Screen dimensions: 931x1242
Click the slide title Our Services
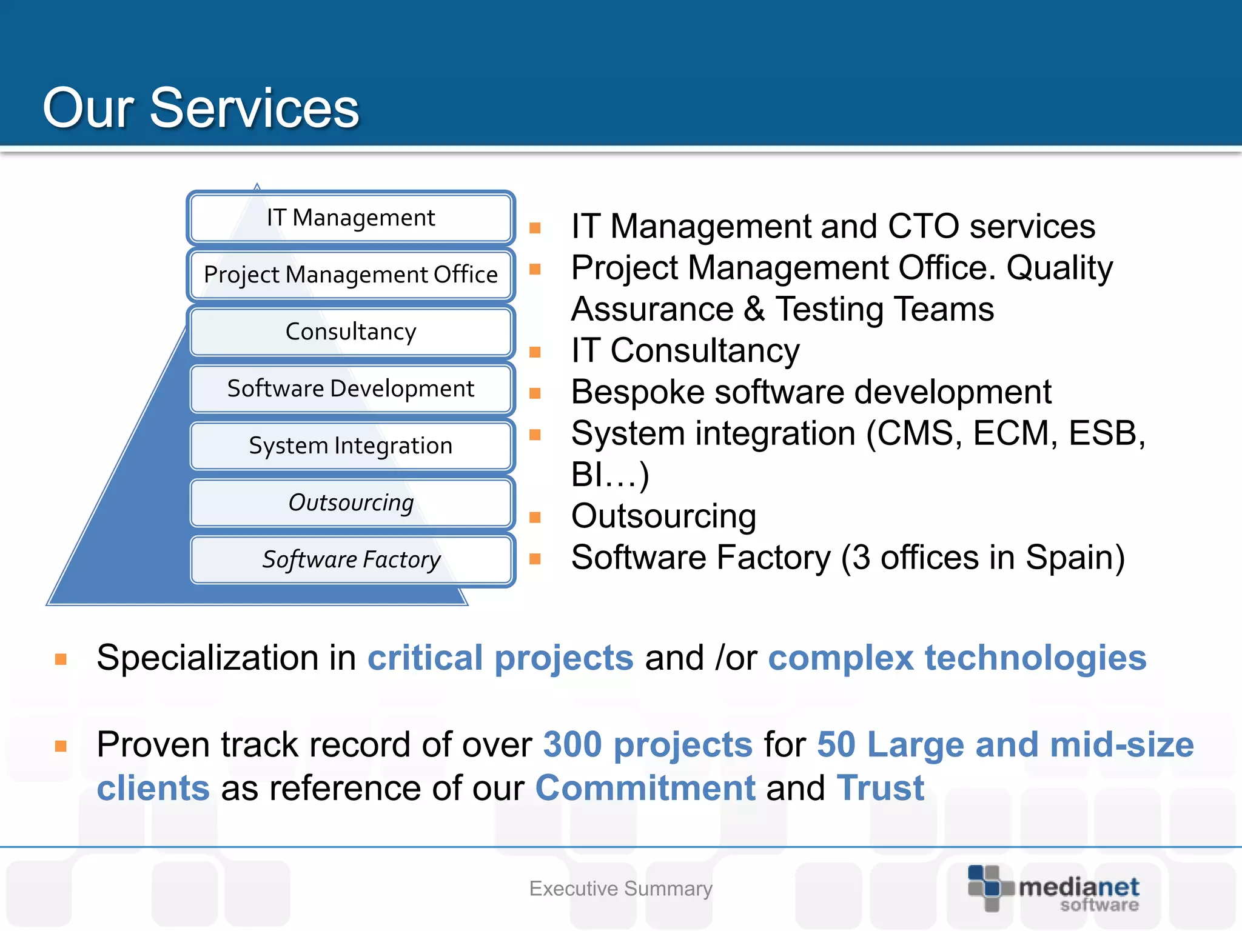click(x=201, y=108)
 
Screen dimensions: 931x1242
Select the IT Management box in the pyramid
click(x=351, y=218)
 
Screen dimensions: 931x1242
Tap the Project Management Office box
click(x=351, y=275)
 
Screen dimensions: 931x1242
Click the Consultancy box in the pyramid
click(x=351, y=332)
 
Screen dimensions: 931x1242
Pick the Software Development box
click(x=351, y=389)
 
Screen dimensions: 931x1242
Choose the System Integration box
click(x=351, y=445)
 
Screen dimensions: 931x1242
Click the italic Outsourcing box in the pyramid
click(x=351, y=502)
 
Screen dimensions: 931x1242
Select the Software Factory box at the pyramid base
click(x=351, y=559)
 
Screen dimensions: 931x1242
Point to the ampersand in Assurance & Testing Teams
click(x=754, y=309)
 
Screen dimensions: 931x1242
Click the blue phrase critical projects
click(x=500, y=658)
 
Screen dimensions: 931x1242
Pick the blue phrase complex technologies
click(x=957, y=658)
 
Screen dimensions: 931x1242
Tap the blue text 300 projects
click(x=648, y=745)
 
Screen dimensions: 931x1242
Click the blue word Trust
click(x=880, y=789)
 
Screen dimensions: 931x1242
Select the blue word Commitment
click(x=645, y=789)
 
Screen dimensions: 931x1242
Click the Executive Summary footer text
click(x=620, y=889)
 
